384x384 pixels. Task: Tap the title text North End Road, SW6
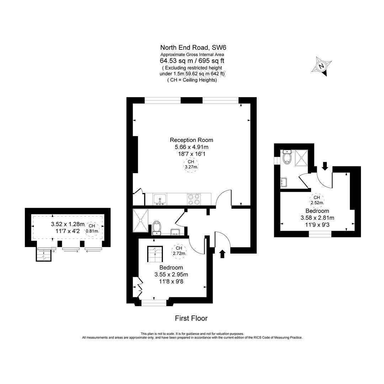pyautogui.click(x=192, y=47)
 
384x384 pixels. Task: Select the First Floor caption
pyautogui.click(x=191, y=318)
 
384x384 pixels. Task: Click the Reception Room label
pyautogui.click(x=192, y=140)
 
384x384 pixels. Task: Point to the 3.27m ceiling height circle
pyautogui.click(x=191, y=164)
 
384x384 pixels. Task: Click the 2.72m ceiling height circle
pyautogui.click(x=179, y=251)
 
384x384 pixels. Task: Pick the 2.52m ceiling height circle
pyautogui.click(x=317, y=200)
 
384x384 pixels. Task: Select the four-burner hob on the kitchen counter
pyautogui.click(x=194, y=199)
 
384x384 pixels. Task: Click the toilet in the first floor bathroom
pyautogui.click(x=156, y=228)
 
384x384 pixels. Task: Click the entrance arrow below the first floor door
pyautogui.click(x=223, y=254)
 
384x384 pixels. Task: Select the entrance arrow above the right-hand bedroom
pyautogui.click(x=325, y=166)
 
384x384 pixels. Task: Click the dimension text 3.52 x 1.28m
pyautogui.click(x=68, y=224)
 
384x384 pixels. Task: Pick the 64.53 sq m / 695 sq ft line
pyautogui.click(x=192, y=61)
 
